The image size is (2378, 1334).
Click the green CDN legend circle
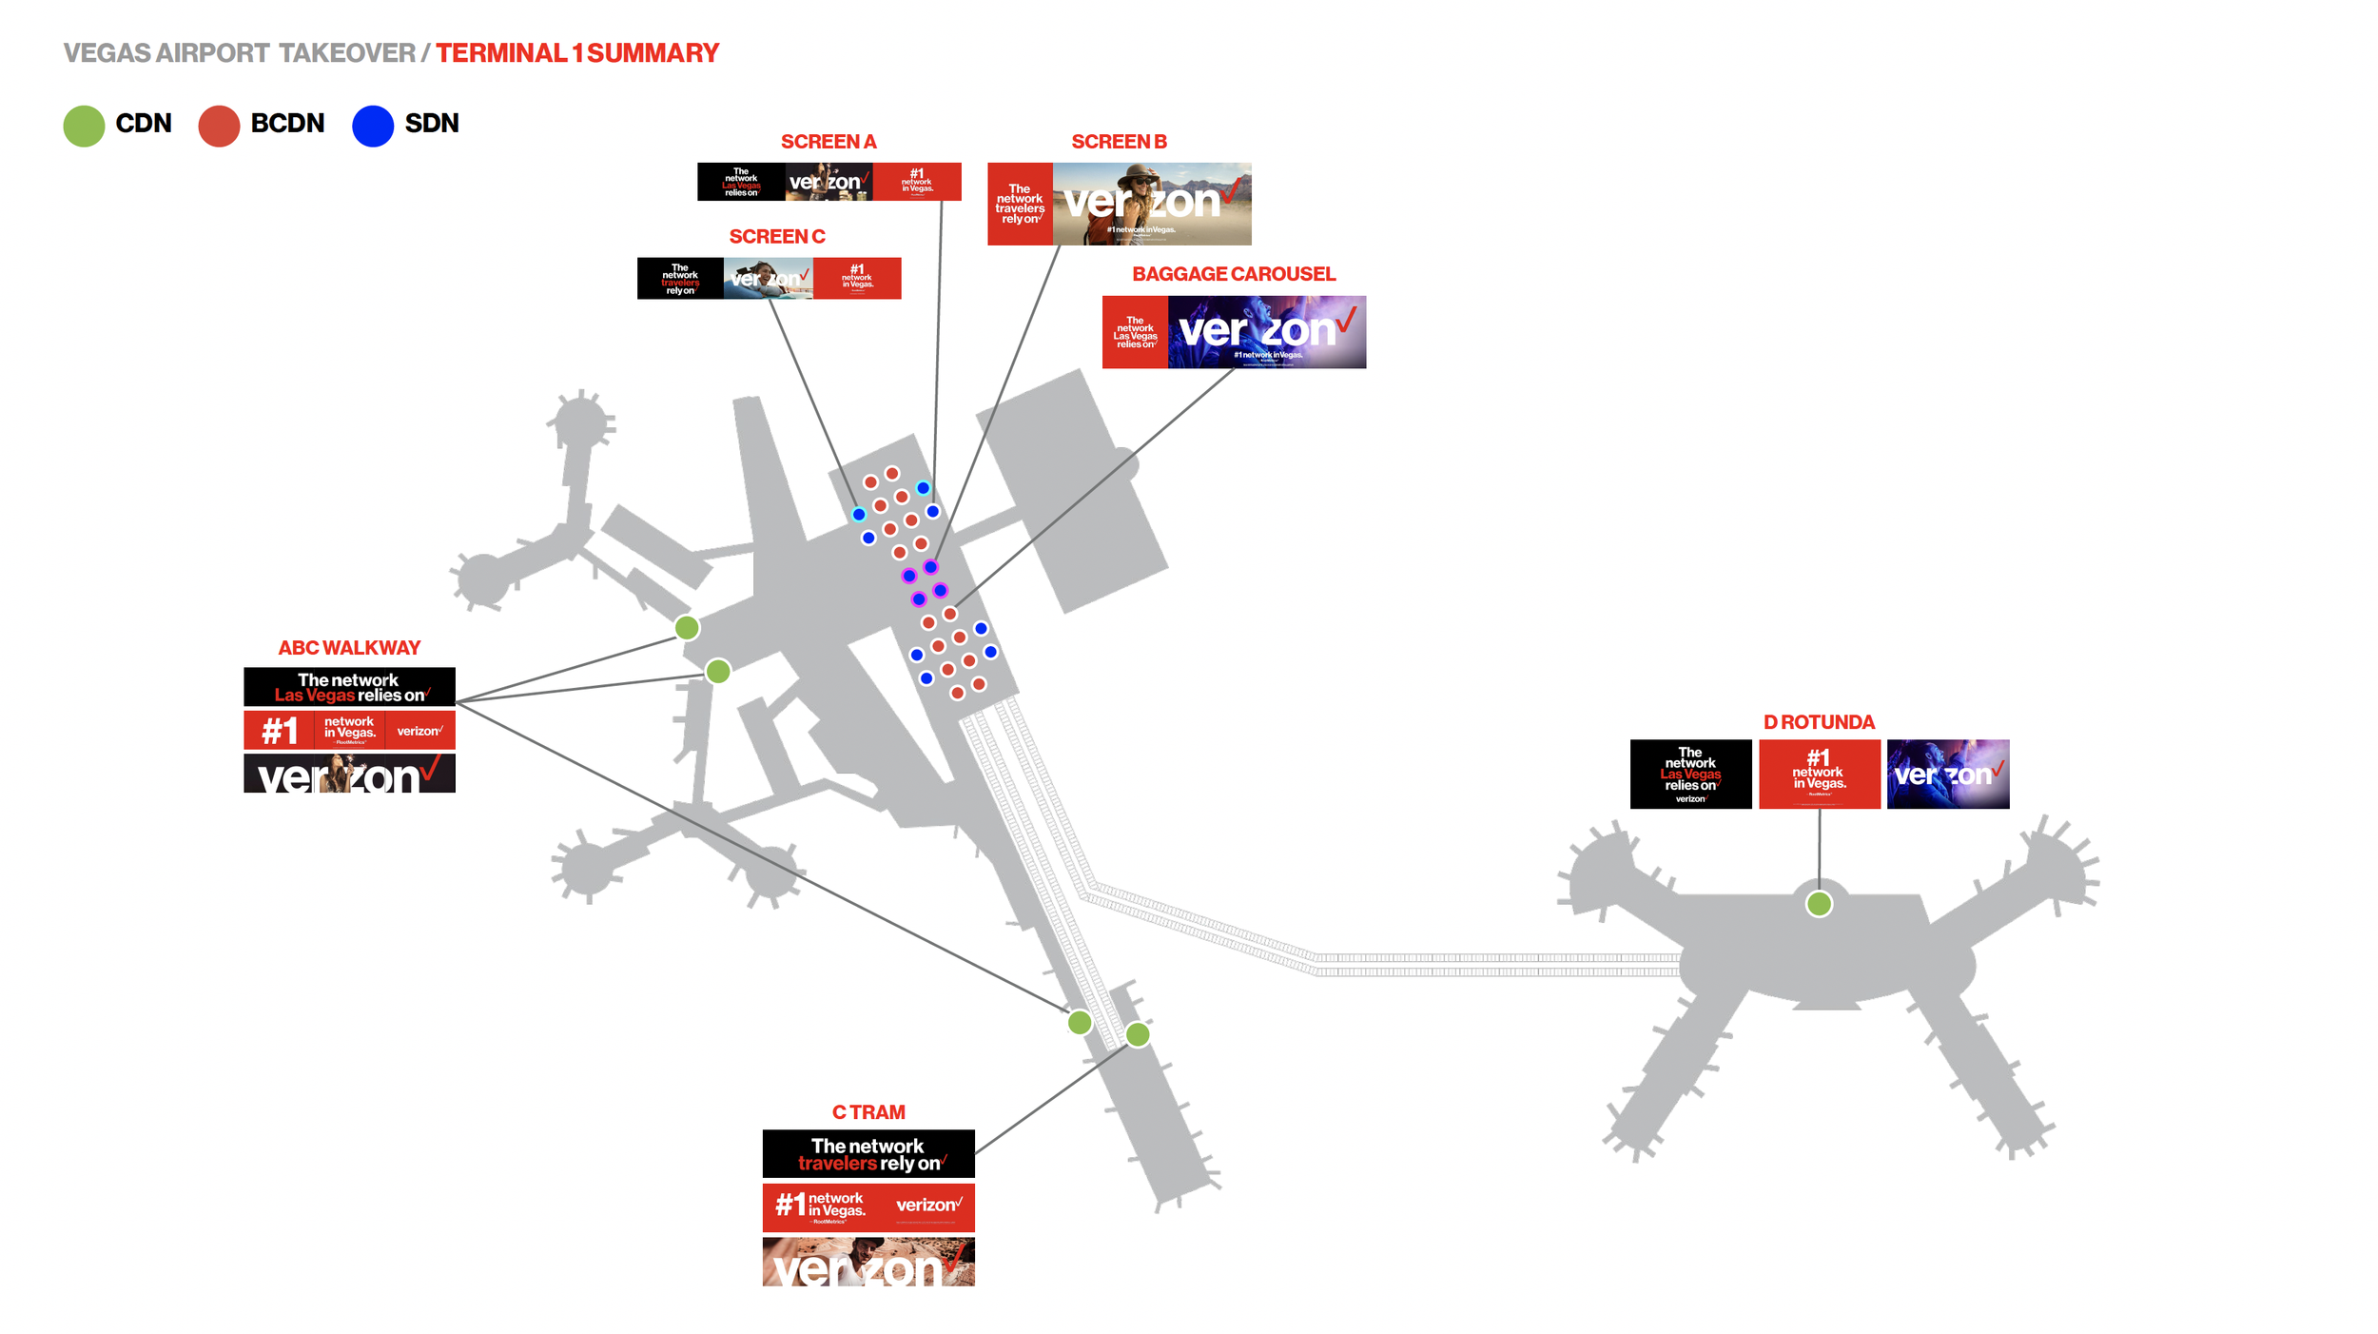point(84,126)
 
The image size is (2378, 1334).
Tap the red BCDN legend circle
point(219,126)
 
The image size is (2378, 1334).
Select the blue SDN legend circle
point(373,126)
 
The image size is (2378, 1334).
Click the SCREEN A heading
point(828,142)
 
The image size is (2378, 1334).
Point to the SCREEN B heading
point(1119,142)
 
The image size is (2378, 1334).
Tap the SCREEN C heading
point(776,237)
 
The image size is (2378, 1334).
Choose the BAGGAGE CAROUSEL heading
point(1234,274)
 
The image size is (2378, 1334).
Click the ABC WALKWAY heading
point(349,648)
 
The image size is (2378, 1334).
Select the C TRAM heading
point(868,1112)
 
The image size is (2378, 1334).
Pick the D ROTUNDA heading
point(1819,722)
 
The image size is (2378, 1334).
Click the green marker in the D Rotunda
point(1819,904)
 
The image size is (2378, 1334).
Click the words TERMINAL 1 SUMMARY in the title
point(577,53)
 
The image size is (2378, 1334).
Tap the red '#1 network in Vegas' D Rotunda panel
point(1819,775)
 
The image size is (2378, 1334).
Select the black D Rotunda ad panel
point(1690,775)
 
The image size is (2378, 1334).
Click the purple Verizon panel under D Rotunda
point(1947,775)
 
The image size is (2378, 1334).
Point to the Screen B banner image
point(1119,204)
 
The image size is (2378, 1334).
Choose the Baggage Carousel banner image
point(1234,332)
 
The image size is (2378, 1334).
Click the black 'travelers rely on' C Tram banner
point(868,1154)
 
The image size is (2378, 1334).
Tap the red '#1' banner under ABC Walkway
point(349,731)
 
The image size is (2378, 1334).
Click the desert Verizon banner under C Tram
point(868,1262)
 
